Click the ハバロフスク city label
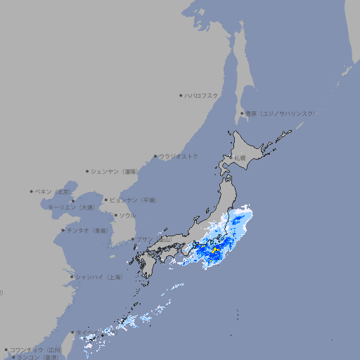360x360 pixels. (x=202, y=95)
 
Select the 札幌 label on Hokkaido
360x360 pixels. (x=240, y=158)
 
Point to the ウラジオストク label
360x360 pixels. (x=179, y=156)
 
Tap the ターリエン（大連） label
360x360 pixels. (x=70, y=207)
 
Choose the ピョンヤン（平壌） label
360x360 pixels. (x=133, y=200)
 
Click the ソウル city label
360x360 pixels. (x=127, y=215)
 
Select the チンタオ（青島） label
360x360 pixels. (x=87, y=231)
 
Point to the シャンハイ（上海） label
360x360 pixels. (x=98, y=277)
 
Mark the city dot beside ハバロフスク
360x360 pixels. (x=181, y=95)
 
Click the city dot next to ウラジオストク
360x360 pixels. (x=155, y=156)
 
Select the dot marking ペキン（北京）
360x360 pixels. (x=32, y=191)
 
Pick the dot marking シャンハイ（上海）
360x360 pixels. (x=72, y=277)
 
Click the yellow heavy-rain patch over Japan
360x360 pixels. (x=215, y=250)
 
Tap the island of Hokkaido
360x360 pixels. (x=250, y=151)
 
